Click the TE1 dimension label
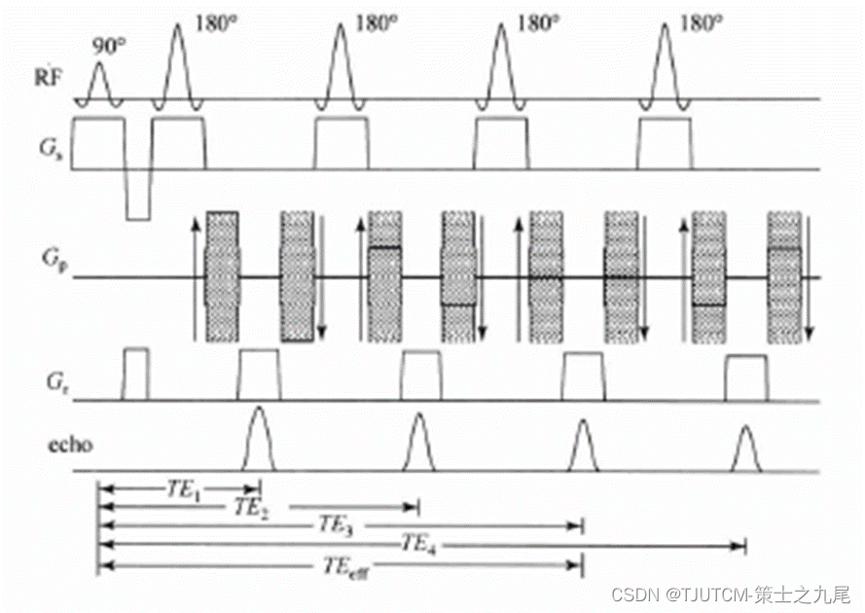[x=183, y=492]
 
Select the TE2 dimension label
[x=252, y=508]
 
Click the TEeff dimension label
[x=342, y=564]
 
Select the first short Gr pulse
[x=135, y=373]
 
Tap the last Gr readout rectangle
[x=746, y=378]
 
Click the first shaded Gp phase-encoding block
[x=222, y=276]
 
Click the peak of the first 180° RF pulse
[x=177, y=24]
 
